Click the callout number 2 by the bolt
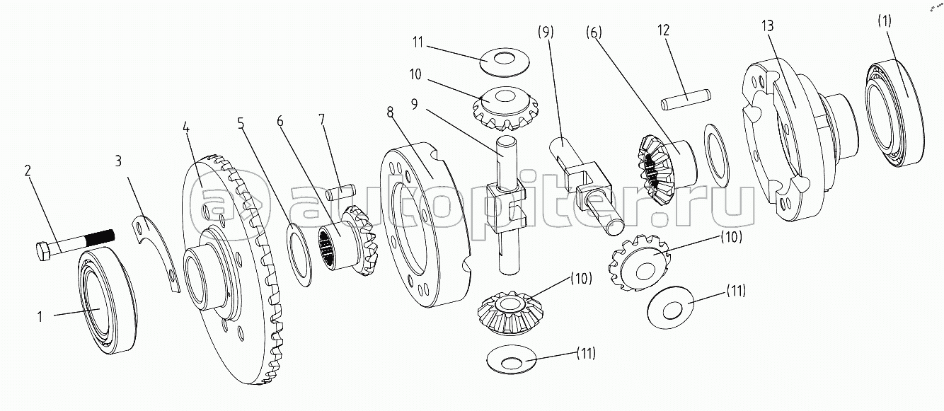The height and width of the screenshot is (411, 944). click(x=28, y=170)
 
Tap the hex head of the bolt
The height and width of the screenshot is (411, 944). click(x=43, y=251)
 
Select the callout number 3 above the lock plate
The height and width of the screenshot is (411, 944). click(x=118, y=161)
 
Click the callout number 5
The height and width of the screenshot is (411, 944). click(x=241, y=123)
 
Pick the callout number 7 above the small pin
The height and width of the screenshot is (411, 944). click(x=322, y=120)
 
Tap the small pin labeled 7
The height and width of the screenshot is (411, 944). click(x=341, y=193)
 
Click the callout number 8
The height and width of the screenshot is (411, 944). click(x=390, y=112)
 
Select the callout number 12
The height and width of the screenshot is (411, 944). click(x=663, y=30)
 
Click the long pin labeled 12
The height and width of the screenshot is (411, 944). click(x=686, y=100)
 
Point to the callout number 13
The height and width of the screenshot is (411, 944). click(x=767, y=25)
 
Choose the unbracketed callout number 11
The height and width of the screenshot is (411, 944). click(x=418, y=42)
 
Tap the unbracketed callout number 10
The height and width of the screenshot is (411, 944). click(x=415, y=74)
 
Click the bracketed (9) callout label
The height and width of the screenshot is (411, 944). click(x=546, y=32)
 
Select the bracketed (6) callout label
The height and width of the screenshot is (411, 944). click(x=594, y=33)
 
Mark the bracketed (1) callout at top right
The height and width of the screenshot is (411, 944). click(x=885, y=21)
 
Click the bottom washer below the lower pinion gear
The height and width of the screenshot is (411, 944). click(x=511, y=359)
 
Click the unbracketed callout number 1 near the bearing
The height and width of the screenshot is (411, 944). click(x=40, y=317)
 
